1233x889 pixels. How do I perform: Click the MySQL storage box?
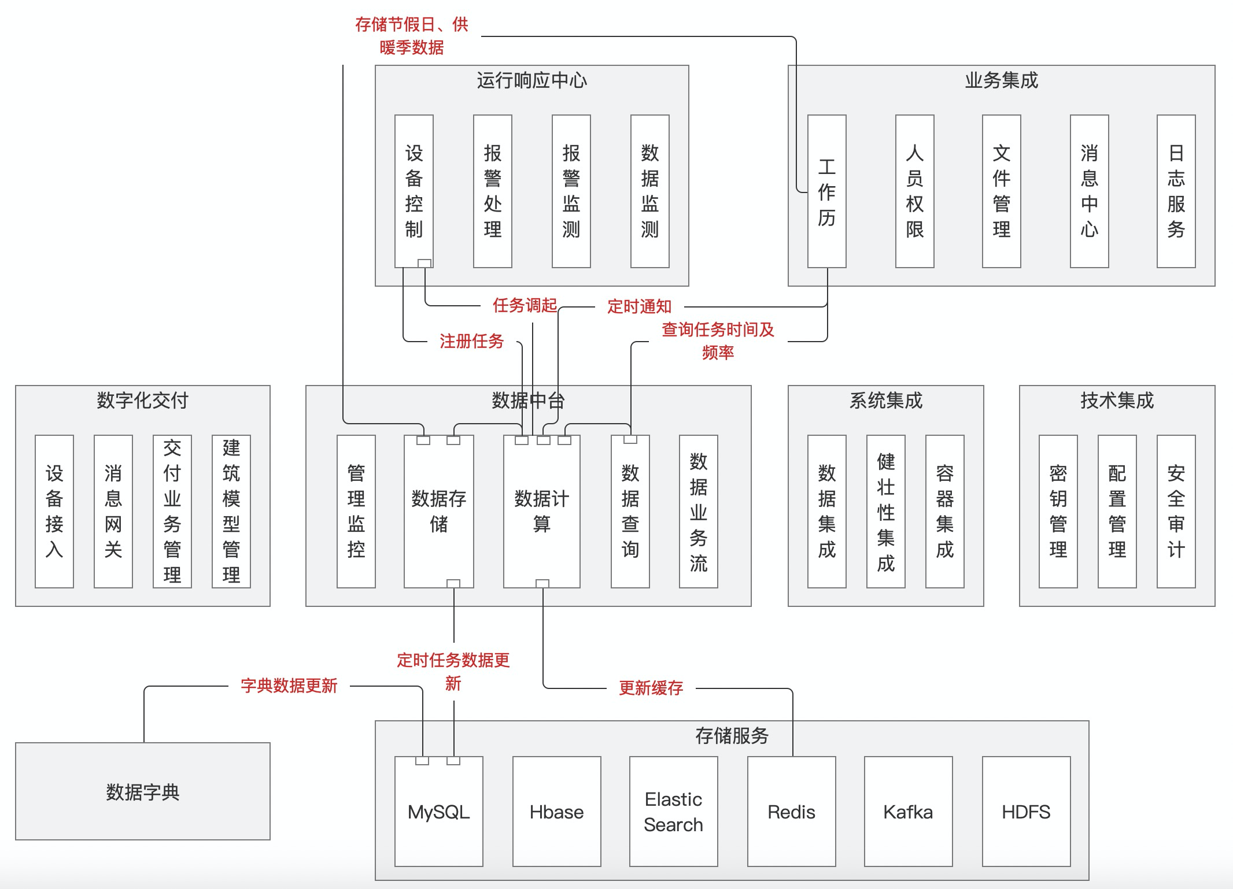click(438, 812)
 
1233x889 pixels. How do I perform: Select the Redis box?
click(791, 812)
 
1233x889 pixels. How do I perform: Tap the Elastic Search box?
click(673, 812)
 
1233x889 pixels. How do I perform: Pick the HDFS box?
click(1026, 812)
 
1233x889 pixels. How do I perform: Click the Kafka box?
click(908, 812)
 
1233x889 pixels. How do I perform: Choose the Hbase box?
click(556, 812)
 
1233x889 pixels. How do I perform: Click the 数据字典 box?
click(142, 791)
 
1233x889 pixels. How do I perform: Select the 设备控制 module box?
click(414, 191)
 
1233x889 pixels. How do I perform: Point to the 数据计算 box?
click(541, 511)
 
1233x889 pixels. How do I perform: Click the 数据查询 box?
click(630, 511)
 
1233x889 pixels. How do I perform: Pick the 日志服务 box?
click(1176, 191)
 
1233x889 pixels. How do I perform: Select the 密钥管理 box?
click(1058, 511)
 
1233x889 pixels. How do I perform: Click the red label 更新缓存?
click(651, 688)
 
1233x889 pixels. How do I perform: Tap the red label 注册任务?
click(471, 341)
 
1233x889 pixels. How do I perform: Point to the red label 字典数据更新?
click(289, 686)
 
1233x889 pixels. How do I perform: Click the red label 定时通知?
click(639, 306)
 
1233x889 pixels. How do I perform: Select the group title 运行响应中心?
click(531, 80)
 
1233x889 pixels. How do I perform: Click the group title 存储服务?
click(732, 735)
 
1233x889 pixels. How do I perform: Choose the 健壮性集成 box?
click(885, 511)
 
